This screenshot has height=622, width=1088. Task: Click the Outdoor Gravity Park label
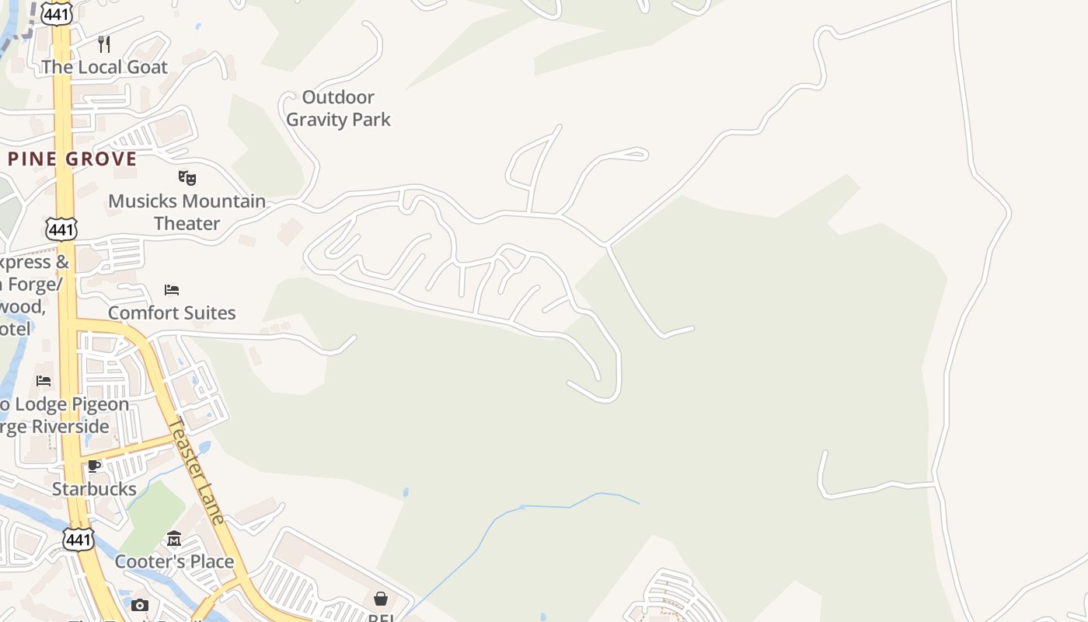[338, 108]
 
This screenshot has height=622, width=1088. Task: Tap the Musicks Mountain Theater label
[187, 212]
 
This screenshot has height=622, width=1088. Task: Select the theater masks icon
[187, 178]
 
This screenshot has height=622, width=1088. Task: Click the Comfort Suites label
[172, 313]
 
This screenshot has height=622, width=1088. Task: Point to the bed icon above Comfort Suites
[172, 290]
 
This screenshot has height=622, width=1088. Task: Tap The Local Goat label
[104, 67]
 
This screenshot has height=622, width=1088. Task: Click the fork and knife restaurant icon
[104, 44]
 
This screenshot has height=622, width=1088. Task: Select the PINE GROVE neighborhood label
[72, 159]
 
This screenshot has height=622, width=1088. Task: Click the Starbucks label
[94, 489]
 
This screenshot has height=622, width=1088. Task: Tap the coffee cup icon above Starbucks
[94, 466]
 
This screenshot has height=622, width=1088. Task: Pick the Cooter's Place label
[174, 561]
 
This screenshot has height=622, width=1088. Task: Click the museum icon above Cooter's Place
[174, 538]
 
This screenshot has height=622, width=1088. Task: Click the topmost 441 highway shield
[58, 14]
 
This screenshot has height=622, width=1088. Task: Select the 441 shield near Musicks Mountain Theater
[61, 229]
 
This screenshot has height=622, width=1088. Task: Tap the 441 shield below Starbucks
[79, 539]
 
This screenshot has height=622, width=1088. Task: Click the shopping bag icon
[381, 598]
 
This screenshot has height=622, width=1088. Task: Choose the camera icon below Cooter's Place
[140, 605]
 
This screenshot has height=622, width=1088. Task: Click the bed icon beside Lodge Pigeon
[44, 380]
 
